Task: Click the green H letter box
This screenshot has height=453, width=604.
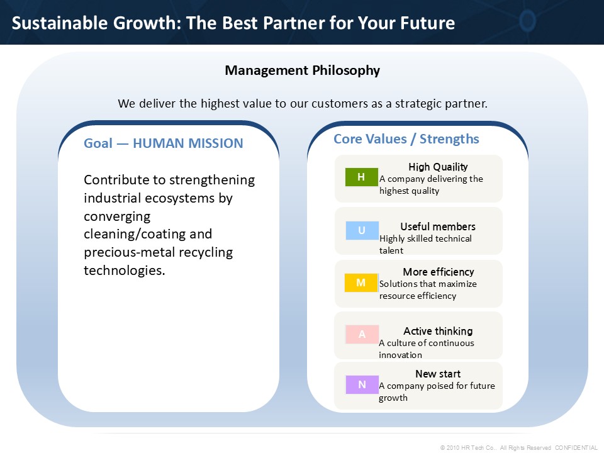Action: point(361,177)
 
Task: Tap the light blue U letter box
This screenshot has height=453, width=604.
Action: point(362,230)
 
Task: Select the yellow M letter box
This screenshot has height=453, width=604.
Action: point(361,282)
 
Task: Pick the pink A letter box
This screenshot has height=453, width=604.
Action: point(362,334)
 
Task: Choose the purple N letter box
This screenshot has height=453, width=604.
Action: point(362,384)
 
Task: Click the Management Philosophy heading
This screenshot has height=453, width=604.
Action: point(303,70)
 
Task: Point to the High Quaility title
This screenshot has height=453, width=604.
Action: point(438,167)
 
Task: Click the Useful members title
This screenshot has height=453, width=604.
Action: point(438,226)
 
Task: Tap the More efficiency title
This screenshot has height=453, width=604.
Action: point(439,272)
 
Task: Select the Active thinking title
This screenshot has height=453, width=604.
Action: point(438,332)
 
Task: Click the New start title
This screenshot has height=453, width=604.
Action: point(438,374)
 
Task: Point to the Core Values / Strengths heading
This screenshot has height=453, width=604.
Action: point(406,138)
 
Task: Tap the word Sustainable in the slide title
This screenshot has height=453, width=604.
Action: point(60,23)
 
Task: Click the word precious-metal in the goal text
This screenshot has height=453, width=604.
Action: point(130,252)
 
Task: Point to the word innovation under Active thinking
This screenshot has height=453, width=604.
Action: point(400,355)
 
